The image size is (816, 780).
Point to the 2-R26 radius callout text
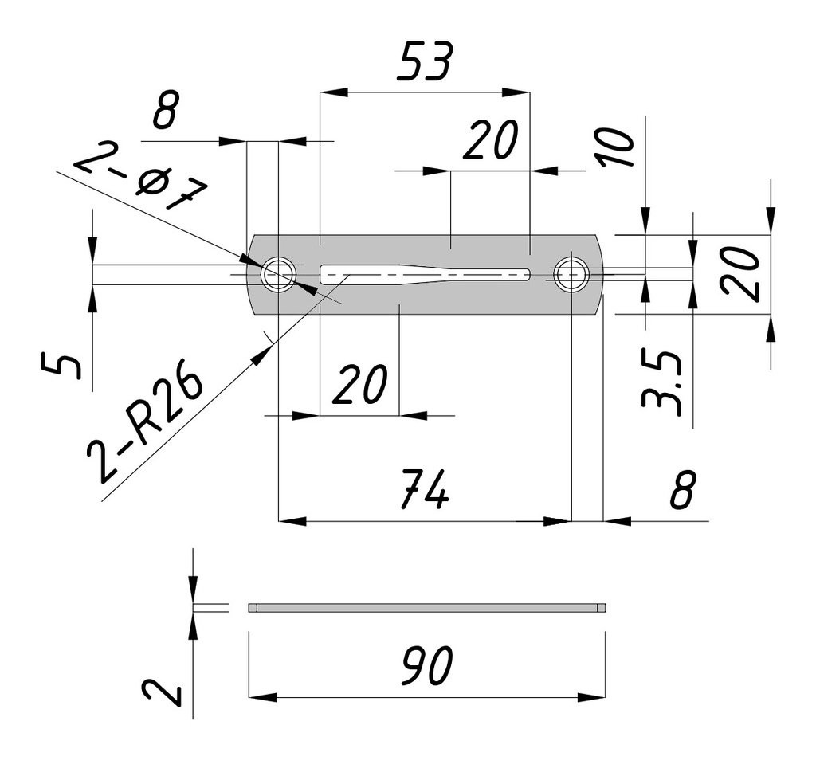147,427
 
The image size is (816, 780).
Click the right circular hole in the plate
571,274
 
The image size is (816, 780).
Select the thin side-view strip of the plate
426,608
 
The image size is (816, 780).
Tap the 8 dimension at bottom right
683,489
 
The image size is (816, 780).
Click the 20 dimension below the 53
490,141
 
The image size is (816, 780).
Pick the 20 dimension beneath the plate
359,384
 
